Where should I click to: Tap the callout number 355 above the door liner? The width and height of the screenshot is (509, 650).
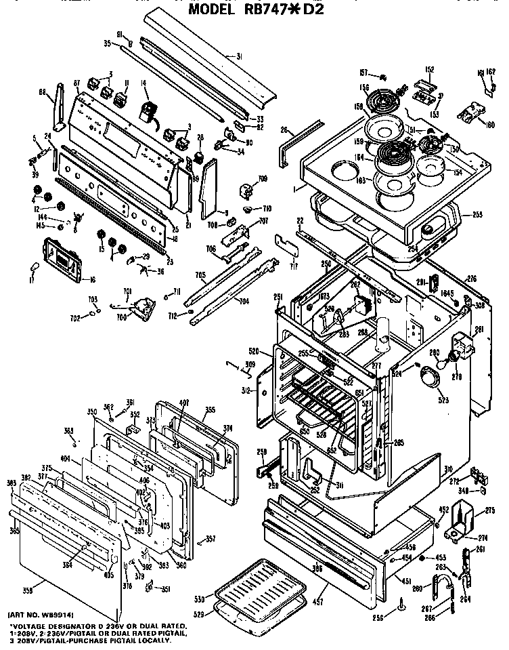click(211, 410)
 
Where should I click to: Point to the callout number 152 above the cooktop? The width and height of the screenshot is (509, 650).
click(428, 68)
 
